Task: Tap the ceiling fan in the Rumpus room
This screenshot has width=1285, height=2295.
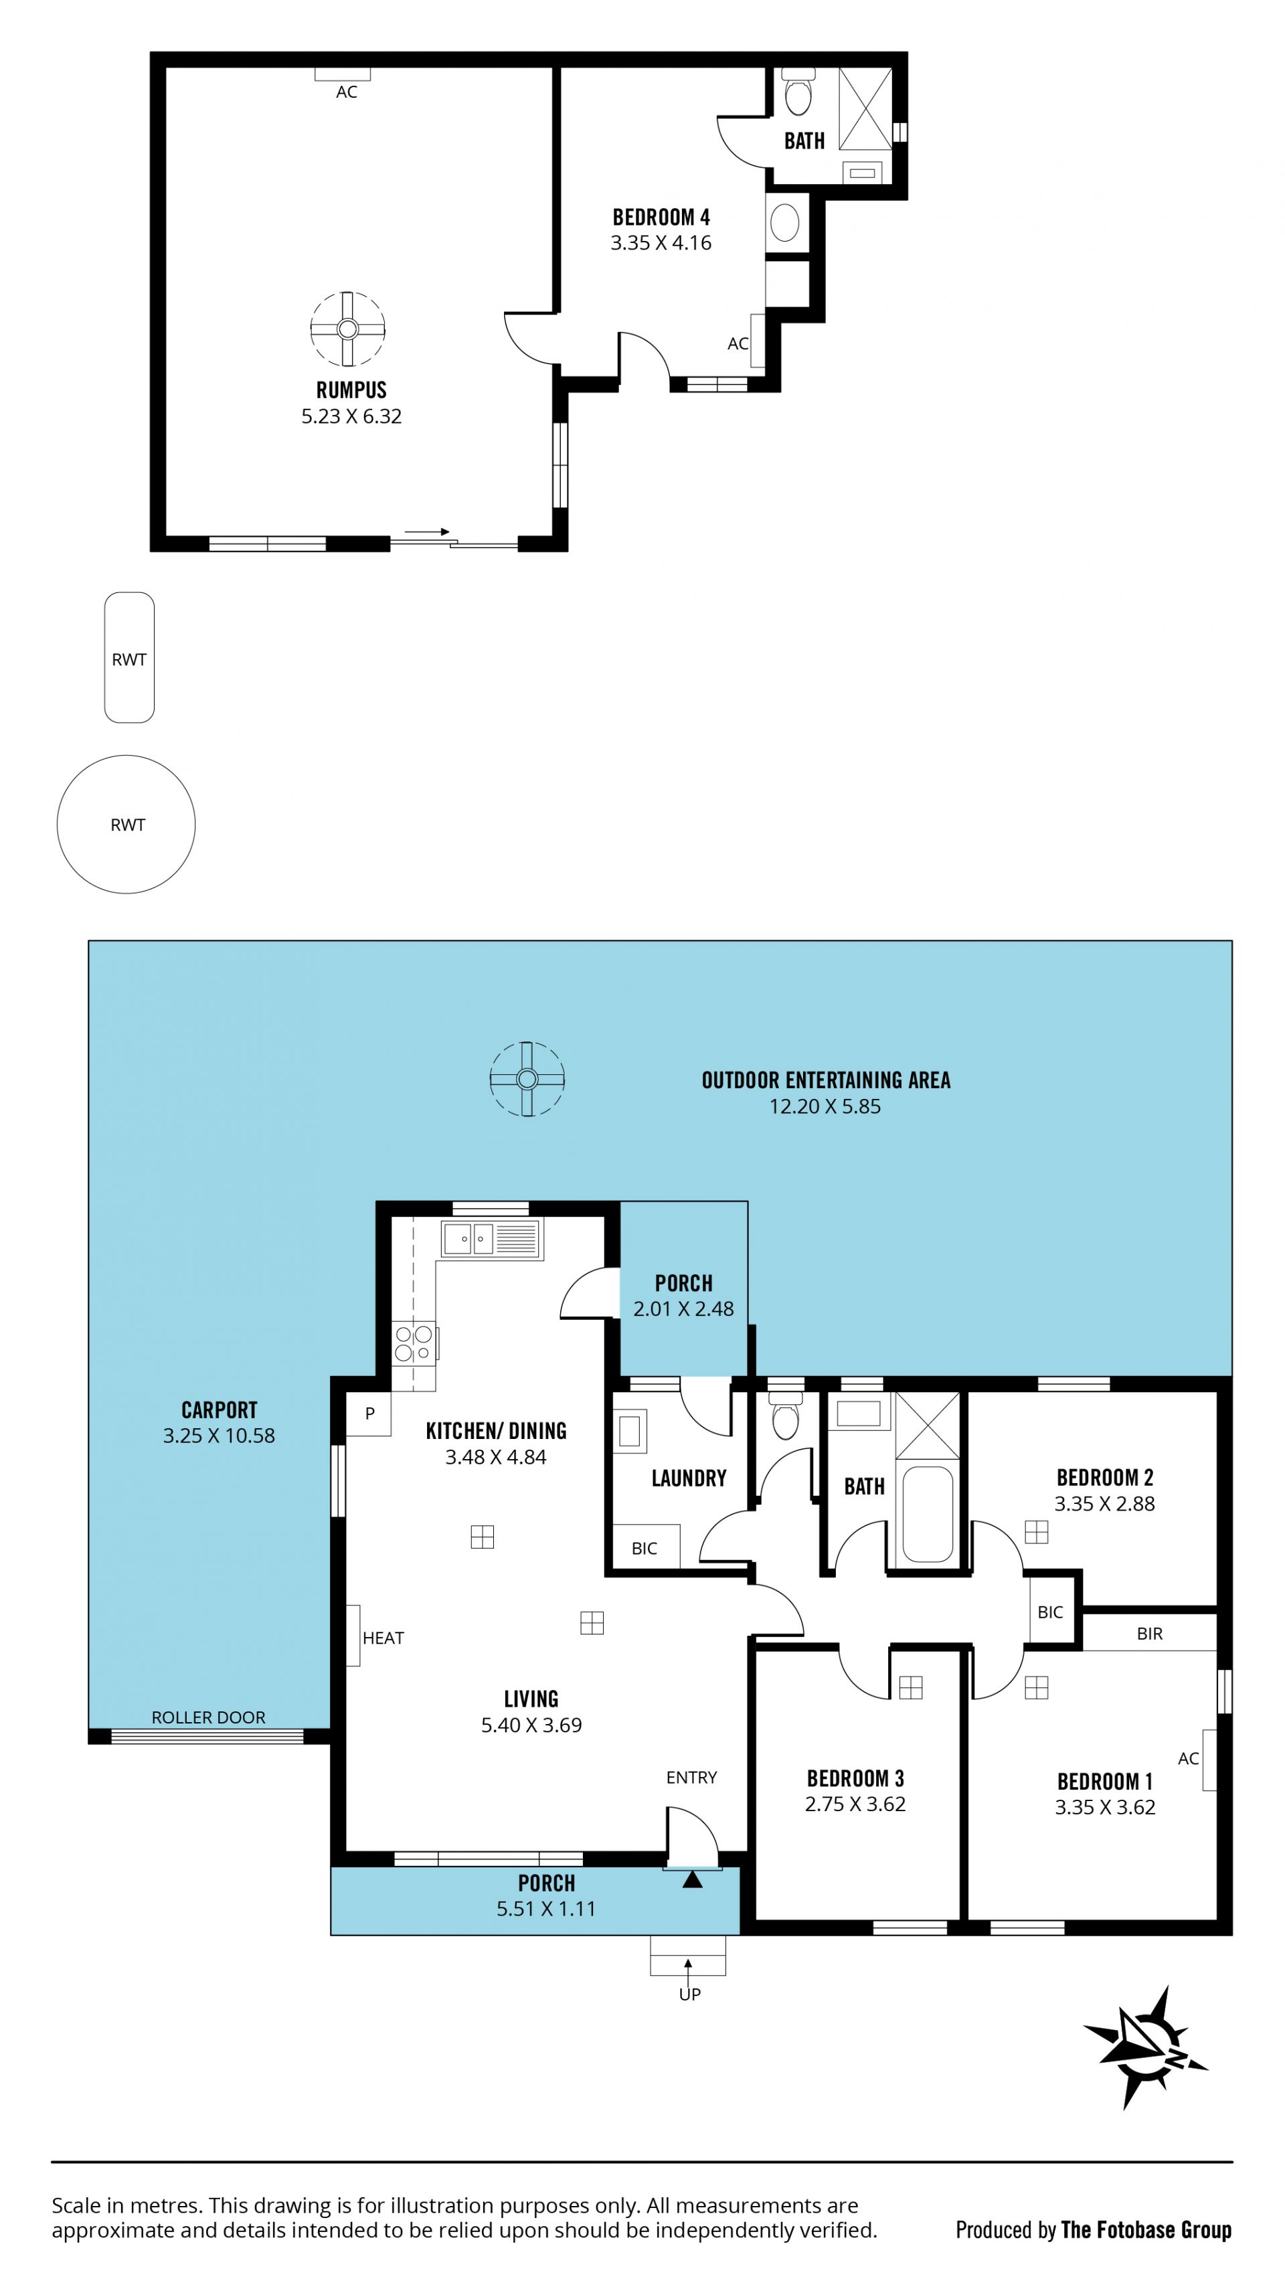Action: [347, 329]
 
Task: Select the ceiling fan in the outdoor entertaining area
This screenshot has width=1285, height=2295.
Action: [527, 1079]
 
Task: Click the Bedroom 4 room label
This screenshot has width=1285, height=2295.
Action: [661, 216]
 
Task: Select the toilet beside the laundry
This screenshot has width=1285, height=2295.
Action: [785, 1418]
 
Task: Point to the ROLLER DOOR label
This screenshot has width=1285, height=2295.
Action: [209, 1717]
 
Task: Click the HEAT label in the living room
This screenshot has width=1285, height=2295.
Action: [383, 1638]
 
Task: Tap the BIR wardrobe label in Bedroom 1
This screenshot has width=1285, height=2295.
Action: [1150, 1633]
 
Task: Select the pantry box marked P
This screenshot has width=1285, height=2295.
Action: [369, 1413]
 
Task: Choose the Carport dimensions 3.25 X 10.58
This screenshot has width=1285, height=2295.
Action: [220, 1435]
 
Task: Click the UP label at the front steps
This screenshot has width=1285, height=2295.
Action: [690, 1994]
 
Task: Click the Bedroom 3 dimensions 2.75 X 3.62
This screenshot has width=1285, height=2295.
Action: [855, 1803]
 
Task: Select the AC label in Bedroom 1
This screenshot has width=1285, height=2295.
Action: [1188, 1758]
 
